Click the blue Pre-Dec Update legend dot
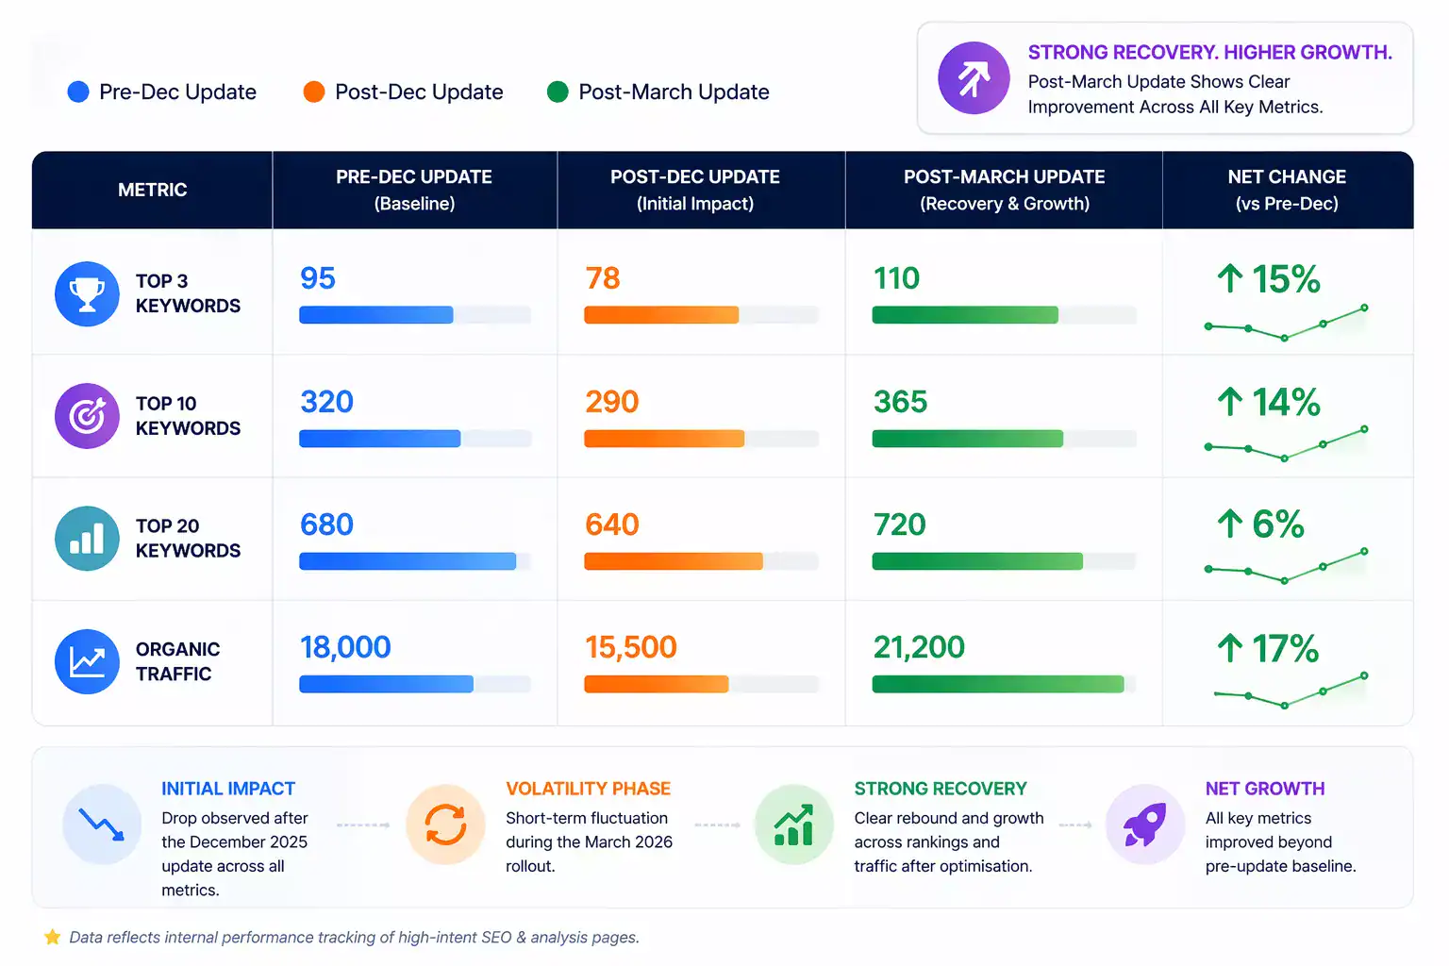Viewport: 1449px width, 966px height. click(78, 92)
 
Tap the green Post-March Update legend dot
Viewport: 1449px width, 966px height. click(558, 92)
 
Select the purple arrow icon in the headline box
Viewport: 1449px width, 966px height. click(974, 78)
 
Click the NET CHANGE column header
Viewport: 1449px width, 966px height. click(1287, 190)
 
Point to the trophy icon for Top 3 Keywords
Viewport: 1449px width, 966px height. click(87, 294)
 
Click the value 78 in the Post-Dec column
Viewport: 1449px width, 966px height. click(603, 278)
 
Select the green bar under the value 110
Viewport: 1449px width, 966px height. click(964, 315)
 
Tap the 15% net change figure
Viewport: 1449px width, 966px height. click(1269, 279)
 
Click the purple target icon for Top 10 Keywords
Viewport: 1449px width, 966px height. click(87, 416)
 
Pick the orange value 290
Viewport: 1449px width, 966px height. click(612, 402)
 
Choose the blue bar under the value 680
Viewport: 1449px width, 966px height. click(408, 561)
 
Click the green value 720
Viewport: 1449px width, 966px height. click(900, 525)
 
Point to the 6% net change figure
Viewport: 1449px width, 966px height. click(1261, 525)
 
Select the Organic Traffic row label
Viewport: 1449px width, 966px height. click(177, 661)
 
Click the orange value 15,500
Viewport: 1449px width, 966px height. click(631, 647)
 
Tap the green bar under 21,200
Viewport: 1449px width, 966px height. click(998, 684)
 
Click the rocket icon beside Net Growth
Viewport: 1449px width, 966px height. click(1144, 824)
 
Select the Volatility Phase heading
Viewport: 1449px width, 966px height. click(588, 789)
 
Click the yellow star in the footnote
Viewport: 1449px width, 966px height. click(52, 937)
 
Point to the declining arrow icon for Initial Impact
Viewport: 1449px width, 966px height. click(102, 824)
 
